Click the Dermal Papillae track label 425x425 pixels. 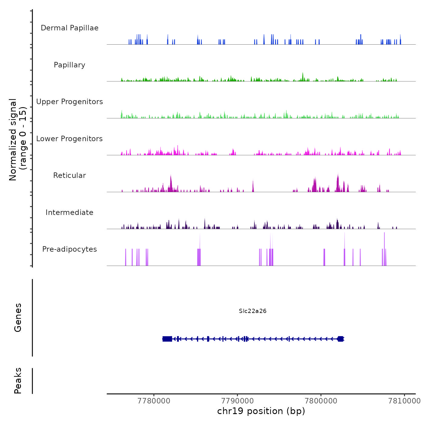pyautogui.click(x=70, y=28)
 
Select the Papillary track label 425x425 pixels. pyautogui.click(x=70, y=65)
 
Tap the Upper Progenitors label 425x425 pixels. pyautogui.click(x=70, y=102)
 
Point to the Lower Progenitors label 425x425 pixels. pyautogui.click(x=70, y=139)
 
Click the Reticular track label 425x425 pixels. pyautogui.click(x=70, y=175)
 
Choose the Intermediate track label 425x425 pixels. pyautogui.click(x=70, y=212)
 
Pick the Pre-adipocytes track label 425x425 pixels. pyautogui.click(x=70, y=249)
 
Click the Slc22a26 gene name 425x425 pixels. pyautogui.click(x=253, y=311)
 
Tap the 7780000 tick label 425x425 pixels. pyautogui.click(x=154, y=401)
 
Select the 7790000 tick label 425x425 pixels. pyautogui.click(x=237, y=401)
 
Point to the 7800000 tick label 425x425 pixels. pyautogui.click(x=321, y=401)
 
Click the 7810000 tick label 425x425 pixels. pyautogui.click(x=404, y=401)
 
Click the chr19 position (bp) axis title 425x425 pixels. pyautogui.click(x=261, y=411)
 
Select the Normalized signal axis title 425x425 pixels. pyautogui.click(x=18, y=140)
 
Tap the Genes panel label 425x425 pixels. pyautogui.click(x=18, y=318)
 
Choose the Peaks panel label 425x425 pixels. pyautogui.click(x=18, y=381)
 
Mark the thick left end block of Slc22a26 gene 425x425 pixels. pyautogui.click(x=167, y=339)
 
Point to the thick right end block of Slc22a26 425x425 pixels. pyautogui.click(x=340, y=339)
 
